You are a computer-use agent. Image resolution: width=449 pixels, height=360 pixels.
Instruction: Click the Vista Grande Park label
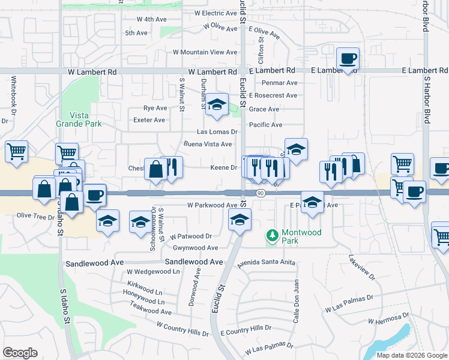[x=79, y=119]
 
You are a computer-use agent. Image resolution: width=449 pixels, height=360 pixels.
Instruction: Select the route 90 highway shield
[x=260, y=193]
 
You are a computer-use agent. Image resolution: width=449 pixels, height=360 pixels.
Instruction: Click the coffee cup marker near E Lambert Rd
[x=348, y=59]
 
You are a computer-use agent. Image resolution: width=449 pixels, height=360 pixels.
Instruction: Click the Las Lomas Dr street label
[x=218, y=132]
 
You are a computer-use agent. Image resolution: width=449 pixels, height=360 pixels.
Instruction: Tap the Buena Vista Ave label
[x=207, y=144]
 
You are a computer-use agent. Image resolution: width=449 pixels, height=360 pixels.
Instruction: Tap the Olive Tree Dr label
[x=35, y=215]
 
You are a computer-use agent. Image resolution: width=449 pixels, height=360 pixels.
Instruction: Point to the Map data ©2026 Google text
[x=411, y=355]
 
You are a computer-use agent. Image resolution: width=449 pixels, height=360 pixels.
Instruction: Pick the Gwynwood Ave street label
[x=195, y=248]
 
